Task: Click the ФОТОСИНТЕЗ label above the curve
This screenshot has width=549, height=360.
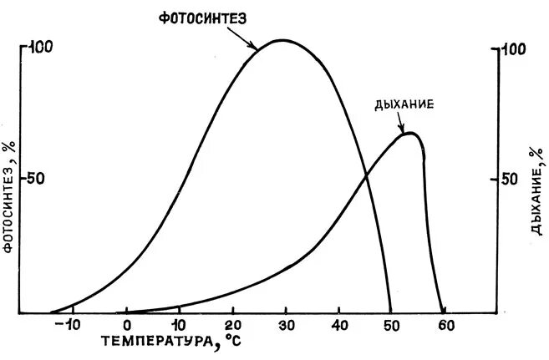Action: (203, 18)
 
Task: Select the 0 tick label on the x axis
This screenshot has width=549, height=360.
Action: (126, 324)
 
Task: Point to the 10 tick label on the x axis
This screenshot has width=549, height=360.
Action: (178, 324)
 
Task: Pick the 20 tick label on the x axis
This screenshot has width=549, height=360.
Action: (231, 324)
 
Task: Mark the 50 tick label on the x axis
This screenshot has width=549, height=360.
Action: (391, 324)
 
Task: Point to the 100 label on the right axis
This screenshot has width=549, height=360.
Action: (514, 49)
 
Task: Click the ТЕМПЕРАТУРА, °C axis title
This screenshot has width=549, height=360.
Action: (175, 342)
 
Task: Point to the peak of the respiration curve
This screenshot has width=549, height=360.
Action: (409, 133)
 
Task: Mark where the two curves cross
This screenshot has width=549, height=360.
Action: (366, 175)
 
